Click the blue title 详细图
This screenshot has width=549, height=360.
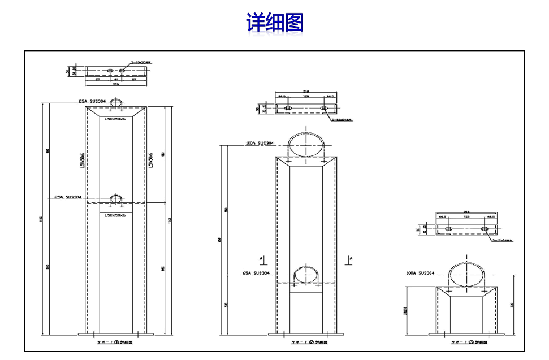point(274,23)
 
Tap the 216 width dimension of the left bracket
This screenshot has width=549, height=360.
point(116,84)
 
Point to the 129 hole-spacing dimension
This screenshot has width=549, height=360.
point(306,97)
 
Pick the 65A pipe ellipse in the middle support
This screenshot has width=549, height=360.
point(306,275)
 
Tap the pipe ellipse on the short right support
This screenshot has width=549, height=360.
point(467,275)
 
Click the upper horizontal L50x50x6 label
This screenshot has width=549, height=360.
point(115,119)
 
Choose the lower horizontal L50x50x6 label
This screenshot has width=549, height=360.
point(115,215)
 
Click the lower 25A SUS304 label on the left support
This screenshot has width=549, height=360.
point(68,197)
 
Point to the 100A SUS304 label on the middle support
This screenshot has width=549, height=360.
point(259,144)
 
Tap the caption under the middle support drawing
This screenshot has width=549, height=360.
point(306,342)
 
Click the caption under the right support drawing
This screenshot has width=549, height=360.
point(466,342)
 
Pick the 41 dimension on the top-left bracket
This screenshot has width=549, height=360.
point(116,79)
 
